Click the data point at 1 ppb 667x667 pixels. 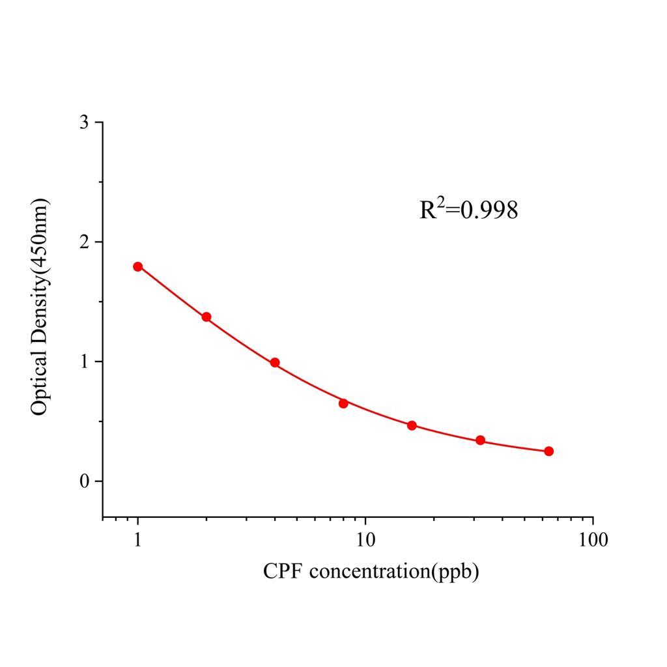click(138, 266)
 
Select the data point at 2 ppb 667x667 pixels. click(206, 317)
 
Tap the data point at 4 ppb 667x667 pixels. click(275, 363)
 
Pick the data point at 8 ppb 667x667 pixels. click(343, 403)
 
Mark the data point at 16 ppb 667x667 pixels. click(412, 425)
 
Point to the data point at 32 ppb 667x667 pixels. click(480, 440)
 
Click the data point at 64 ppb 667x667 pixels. click(548, 451)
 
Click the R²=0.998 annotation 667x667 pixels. click(469, 210)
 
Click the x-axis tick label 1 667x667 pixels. click(138, 539)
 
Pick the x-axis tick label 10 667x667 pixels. click(365, 539)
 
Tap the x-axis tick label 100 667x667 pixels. click(593, 539)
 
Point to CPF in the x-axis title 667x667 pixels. click(283, 571)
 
